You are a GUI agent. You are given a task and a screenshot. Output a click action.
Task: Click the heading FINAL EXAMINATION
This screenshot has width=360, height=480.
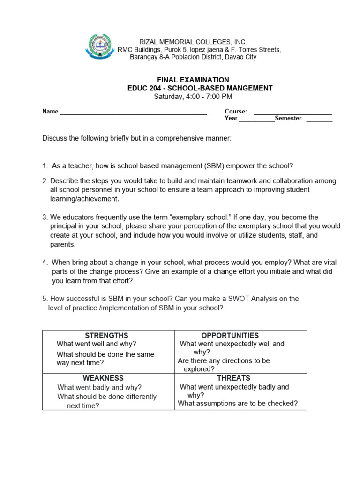click(193, 80)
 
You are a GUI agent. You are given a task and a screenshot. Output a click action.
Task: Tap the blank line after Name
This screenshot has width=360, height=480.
click(133, 112)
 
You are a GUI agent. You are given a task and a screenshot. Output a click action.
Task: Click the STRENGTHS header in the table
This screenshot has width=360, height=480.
click(106, 335)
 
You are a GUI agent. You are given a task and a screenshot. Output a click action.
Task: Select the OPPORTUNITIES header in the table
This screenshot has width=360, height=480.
click(230, 335)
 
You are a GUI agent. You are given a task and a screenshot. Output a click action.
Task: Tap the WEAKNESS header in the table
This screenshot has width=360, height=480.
click(103, 378)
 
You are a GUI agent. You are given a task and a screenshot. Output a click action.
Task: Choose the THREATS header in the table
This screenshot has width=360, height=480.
click(233, 378)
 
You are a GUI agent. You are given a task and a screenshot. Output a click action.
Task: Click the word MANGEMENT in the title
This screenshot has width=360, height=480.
click(247, 88)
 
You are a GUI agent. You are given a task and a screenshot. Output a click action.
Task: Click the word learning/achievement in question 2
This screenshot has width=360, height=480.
click(84, 199)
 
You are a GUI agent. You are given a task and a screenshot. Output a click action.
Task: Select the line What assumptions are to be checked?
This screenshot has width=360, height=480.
click(238, 404)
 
